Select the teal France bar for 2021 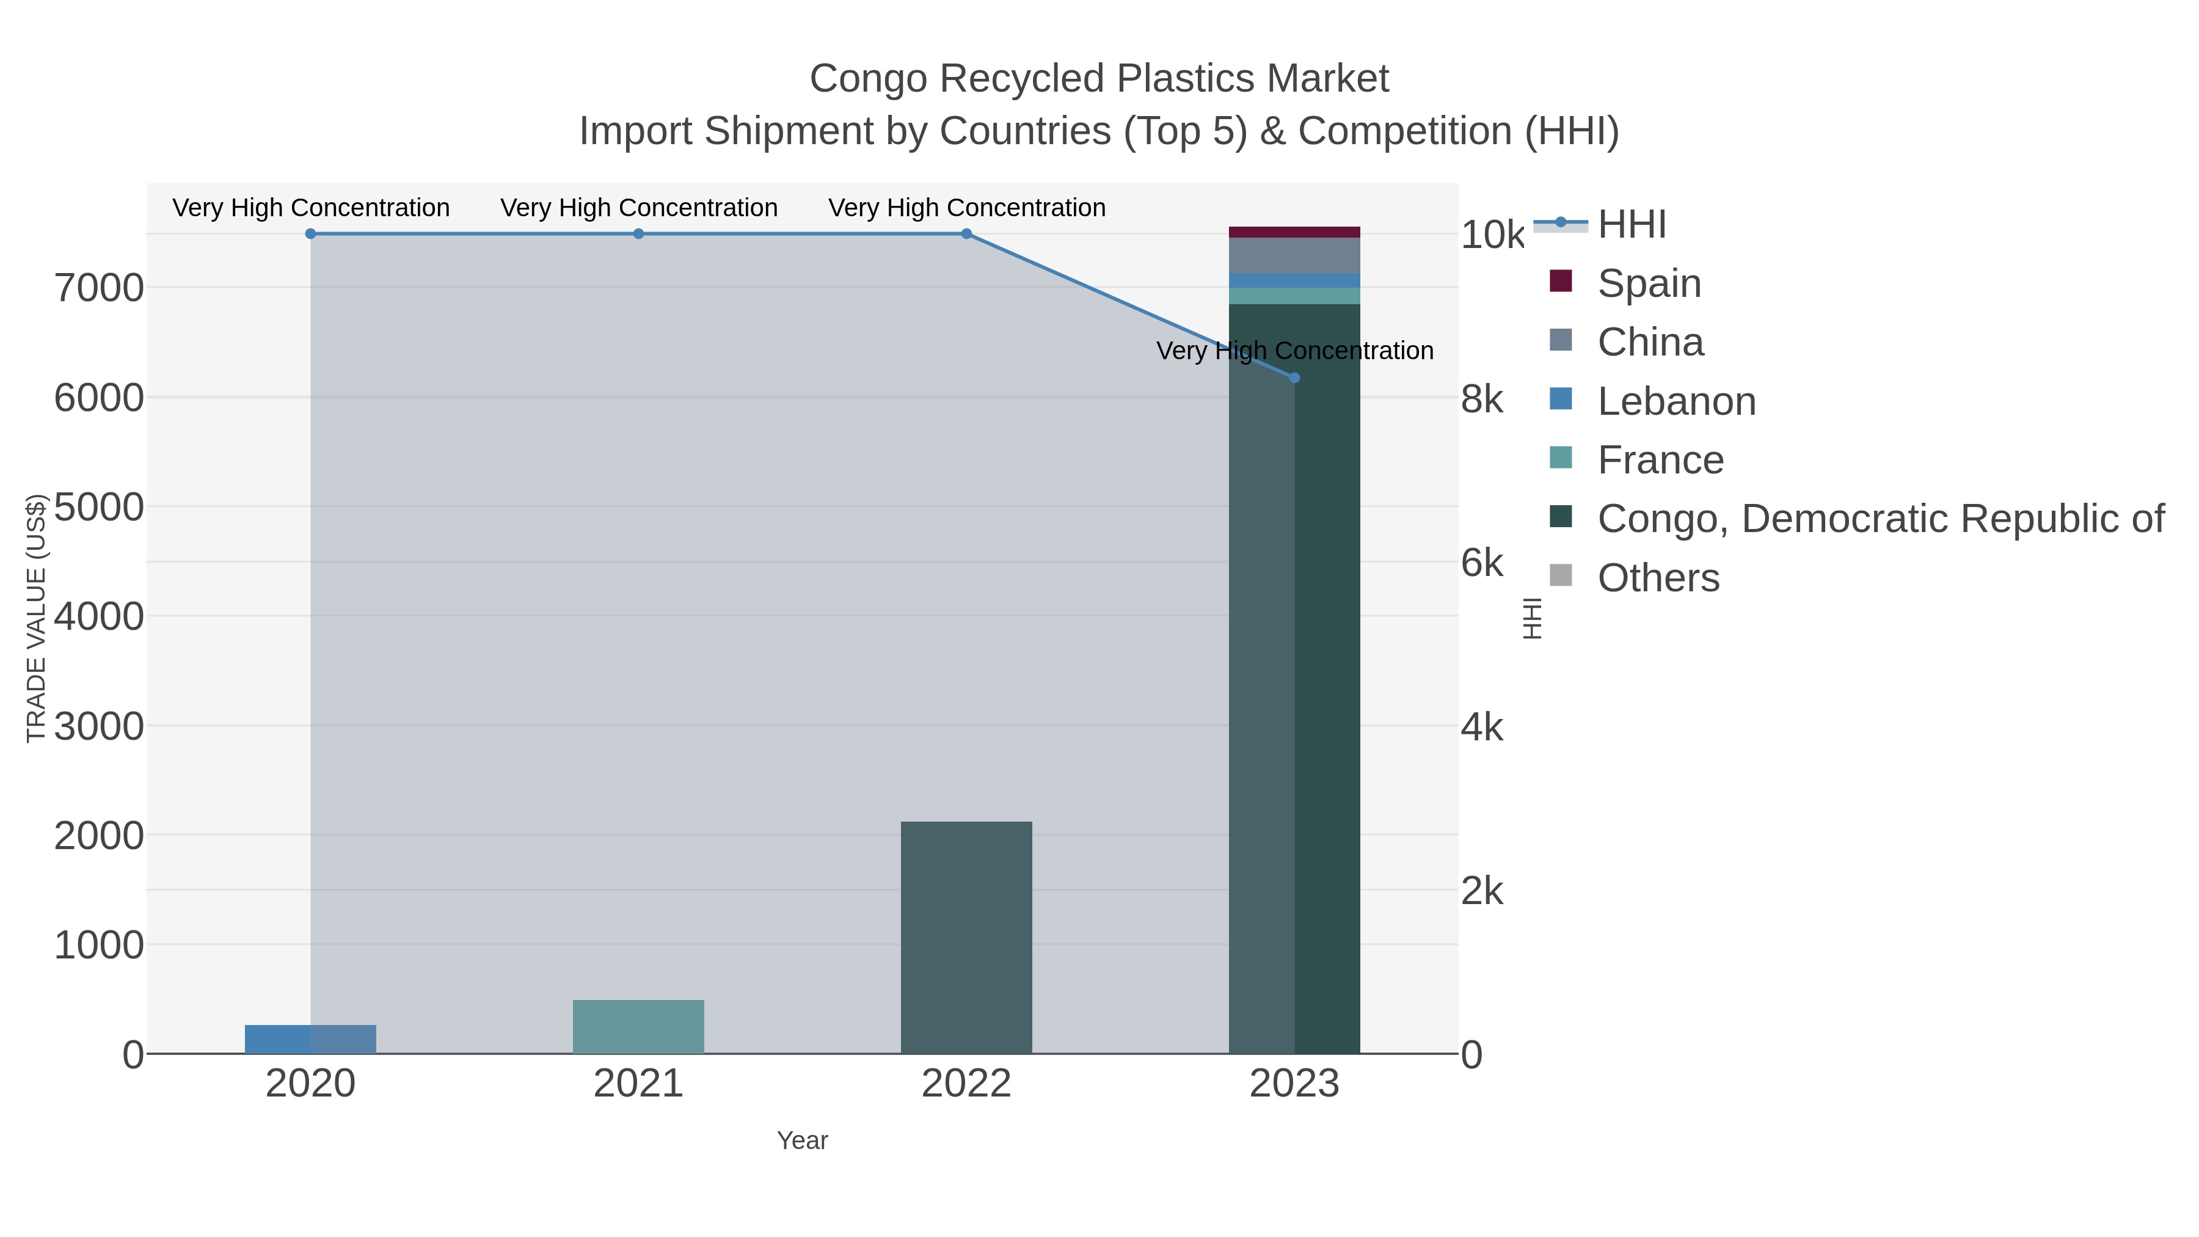pos(638,1026)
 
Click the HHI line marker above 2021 pos(638,234)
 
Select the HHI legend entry pos(1630,225)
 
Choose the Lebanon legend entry pos(1675,401)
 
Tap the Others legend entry pos(1657,578)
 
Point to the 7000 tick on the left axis pos(99,288)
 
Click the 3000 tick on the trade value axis pos(99,726)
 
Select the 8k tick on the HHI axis pos(1482,400)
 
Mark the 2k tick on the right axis pos(1482,891)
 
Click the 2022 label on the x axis pos(966,1084)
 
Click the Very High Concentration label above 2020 pos(311,208)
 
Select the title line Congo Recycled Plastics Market pos(1099,79)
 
